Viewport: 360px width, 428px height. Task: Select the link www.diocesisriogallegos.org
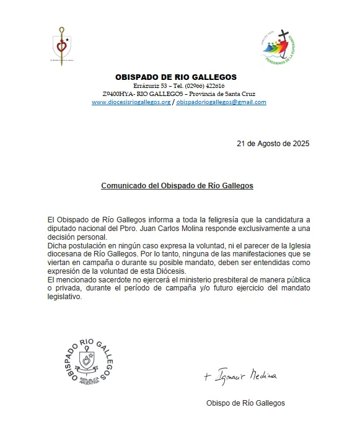(131, 102)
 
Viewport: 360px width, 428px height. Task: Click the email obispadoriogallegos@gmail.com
(221, 102)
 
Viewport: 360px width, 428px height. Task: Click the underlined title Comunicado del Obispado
(177, 185)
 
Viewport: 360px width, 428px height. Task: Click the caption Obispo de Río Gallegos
(245, 403)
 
